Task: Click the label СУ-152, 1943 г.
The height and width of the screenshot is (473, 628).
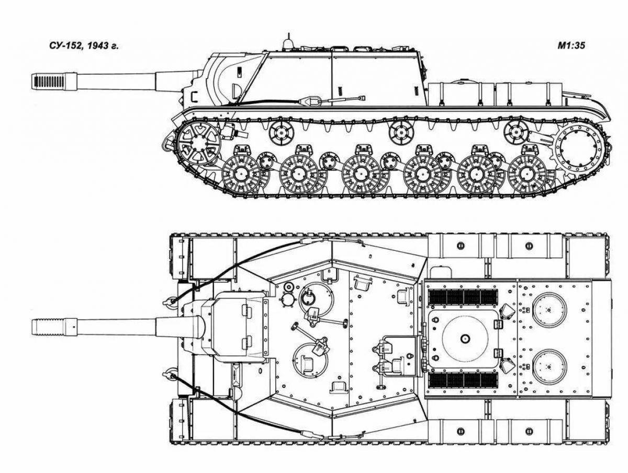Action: pyautogui.click(x=77, y=46)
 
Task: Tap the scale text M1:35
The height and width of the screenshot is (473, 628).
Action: pyautogui.click(x=571, y=46)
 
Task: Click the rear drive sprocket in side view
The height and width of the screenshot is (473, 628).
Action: pyautogui.click(x=577, y=146)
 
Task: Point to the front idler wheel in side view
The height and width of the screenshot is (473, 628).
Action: pyautogui.click(x=198, y=141)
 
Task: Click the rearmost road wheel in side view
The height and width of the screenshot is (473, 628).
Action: pyautogui.click(x=526, y=173)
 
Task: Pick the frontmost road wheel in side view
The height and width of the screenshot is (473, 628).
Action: pyautogui.click(x=241, y=174)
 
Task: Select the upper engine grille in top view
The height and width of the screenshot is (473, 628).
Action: pyautogui.click(x=463, y=297)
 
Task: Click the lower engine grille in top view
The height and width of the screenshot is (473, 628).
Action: pyautogui.click(x=463, y=380)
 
